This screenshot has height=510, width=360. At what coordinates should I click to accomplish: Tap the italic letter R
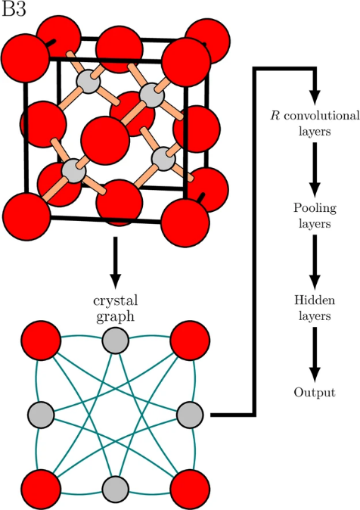[275, 116]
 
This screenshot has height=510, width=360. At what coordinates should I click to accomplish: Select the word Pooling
[315, 209]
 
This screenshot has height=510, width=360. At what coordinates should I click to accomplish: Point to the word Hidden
[315, 300]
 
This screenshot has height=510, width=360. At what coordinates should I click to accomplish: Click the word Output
[315, 392]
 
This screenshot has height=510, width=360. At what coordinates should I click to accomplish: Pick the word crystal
[116, 301]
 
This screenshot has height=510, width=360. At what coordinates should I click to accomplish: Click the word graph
[116, 317]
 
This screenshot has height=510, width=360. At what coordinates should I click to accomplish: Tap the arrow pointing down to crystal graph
[116, 263]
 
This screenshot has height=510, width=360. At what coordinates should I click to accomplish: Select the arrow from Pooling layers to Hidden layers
[315, 262]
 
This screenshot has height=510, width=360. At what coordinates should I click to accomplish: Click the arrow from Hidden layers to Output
[315, 355]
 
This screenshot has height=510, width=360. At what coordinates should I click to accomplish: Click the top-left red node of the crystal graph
[41, 341]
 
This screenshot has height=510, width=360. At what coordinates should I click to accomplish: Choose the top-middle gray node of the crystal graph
[116, 341]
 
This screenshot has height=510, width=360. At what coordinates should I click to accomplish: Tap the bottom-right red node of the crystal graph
[190, 489]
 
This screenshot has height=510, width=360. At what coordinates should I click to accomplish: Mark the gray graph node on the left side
[41, 415]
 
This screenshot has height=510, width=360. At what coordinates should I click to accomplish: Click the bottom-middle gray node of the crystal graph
[116, 489]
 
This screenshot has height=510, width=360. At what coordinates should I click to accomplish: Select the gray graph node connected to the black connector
[190, 415]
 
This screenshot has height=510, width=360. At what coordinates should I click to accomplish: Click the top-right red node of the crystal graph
[190, 341]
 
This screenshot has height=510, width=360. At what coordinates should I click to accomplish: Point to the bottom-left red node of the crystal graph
[41, 489]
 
